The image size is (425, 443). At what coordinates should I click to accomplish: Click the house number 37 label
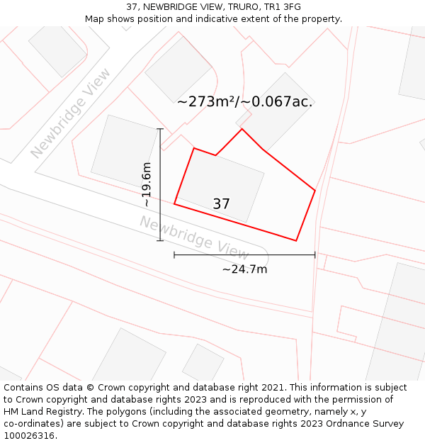(221, 204)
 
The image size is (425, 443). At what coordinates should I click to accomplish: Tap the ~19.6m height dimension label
(147, 184)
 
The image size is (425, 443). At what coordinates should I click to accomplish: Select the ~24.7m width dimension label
(244, 269)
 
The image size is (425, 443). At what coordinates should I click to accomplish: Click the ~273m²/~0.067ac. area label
(244, 101)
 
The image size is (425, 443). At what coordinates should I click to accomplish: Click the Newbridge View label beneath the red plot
(194, 237)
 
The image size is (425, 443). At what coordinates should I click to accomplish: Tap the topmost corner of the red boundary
(242, 128)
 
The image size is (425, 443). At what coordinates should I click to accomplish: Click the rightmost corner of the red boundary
(314, 190)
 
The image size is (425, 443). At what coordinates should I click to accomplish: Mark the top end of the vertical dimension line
(160, 129)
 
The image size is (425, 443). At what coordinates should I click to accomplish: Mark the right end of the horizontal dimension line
(314, 255)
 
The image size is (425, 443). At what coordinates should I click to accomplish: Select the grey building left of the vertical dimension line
(123, 150)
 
